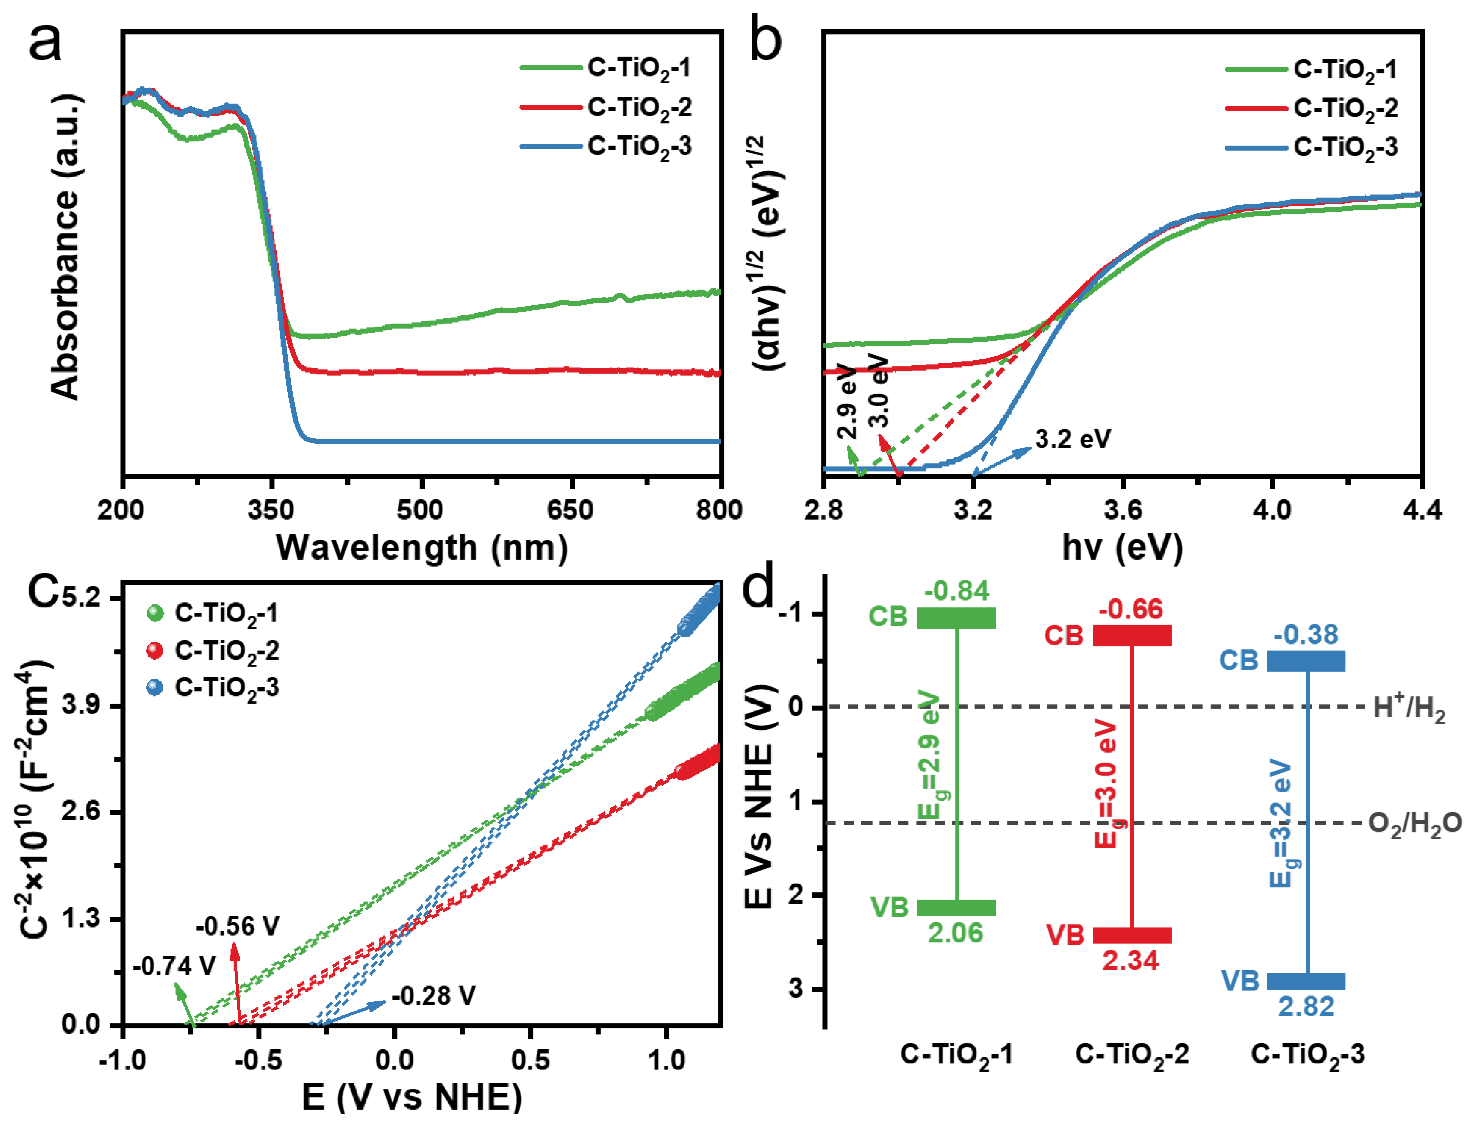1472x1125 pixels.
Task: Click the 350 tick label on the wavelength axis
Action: click(x=271, y=510)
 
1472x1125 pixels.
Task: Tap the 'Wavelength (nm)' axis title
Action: click(x=422, y=548)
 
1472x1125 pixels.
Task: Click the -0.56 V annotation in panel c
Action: click(x=238, y=926)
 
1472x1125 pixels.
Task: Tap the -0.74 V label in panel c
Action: click(x=174, y=966)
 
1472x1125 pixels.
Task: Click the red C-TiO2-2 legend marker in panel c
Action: click(x=155, y=650)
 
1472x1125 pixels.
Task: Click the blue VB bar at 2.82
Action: click(x=1306, y=981)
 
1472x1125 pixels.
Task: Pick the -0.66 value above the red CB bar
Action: click(x=1131, y=610)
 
